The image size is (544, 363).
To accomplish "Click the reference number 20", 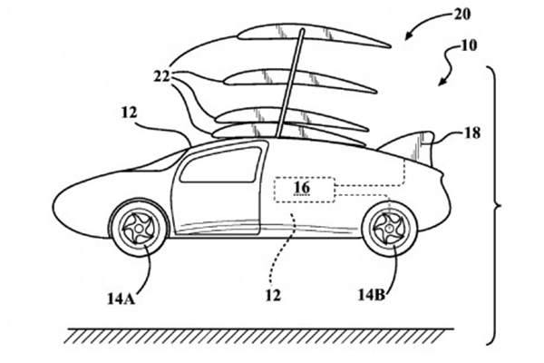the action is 461,15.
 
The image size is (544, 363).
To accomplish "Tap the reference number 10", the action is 468,46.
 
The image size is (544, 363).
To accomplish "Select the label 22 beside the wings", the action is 162,77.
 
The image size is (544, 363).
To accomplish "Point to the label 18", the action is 471,133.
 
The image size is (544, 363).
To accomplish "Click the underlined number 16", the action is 302,188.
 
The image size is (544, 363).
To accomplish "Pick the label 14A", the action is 121,299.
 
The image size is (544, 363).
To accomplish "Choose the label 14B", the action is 372,295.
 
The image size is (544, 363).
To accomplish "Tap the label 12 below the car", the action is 273,295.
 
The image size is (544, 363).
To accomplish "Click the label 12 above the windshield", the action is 130,113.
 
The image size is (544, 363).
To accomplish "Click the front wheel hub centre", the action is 139,228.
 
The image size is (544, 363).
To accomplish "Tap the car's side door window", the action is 221,164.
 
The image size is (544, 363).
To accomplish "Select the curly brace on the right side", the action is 494,206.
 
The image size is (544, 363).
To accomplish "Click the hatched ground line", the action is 260,336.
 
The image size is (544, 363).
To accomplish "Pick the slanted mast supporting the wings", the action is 289,83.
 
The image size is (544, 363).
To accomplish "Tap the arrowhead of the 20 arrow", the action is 409,35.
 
